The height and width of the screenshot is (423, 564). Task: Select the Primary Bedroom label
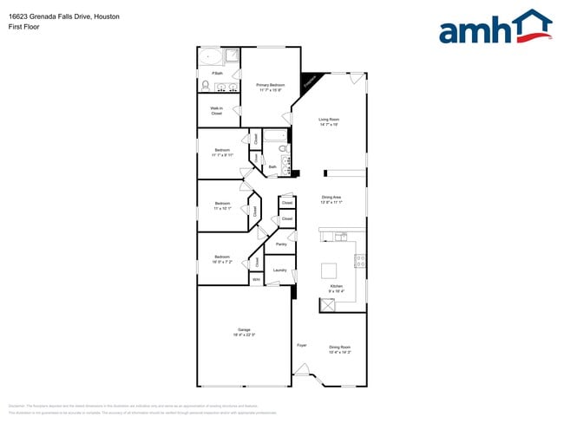[271, 85]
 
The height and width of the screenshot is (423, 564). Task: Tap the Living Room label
[329, 120]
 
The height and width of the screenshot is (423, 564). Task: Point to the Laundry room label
[279, 270]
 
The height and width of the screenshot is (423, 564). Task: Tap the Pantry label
[281, 244]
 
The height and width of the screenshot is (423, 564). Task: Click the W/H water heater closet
[256, 279]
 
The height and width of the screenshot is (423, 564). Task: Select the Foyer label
[302, 345]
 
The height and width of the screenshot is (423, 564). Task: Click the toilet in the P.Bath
[206, 86]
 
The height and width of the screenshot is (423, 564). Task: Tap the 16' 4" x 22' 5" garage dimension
[244, 335]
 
